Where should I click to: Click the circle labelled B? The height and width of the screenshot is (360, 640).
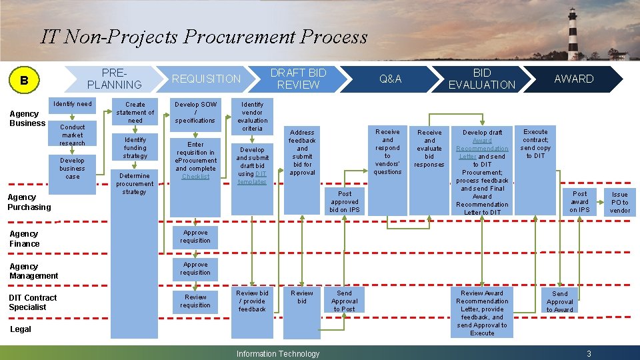tap(24, 81)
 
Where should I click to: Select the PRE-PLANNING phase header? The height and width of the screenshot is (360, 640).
tap(115, 79)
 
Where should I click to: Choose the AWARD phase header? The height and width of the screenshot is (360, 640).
tap(573, 79)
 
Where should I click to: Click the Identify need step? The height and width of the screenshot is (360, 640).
tap(73, 104)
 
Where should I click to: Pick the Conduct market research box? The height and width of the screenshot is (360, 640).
tap(73, 135)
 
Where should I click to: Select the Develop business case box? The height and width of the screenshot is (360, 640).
tap(73, 168)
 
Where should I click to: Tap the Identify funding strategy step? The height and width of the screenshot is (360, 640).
tap(135, 148)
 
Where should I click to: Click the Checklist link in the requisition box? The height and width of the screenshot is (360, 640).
tap(195, 177)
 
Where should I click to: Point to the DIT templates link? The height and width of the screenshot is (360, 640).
tap(252, 178)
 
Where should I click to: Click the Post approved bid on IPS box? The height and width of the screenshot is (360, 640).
tap(345, 201)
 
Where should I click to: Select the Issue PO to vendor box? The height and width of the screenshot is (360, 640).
tap(620, 202)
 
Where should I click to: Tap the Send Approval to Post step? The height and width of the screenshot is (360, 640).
tap(345, 301)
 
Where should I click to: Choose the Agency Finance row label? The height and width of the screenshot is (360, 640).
tap(25, 239)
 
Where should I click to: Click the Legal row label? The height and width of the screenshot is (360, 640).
tap(21, 329)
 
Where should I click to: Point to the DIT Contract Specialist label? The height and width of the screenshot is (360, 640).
tap(33, 303)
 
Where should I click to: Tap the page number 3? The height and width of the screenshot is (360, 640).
tap(589, 353)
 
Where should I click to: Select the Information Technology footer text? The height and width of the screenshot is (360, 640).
tap(278, 353)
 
